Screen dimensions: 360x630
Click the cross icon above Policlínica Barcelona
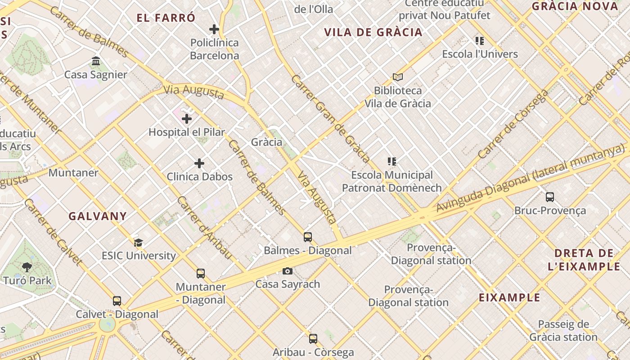[214, 30]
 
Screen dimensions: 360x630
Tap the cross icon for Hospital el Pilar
[187, 119]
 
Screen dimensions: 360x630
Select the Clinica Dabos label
[199, 177]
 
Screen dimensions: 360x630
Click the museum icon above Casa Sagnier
[96, 61]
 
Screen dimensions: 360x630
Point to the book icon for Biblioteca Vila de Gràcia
[397, 77]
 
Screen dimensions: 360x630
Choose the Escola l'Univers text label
[480, 54]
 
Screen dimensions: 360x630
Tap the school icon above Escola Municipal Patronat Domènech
[391, 161]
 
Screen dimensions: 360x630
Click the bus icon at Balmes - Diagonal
[308, 237]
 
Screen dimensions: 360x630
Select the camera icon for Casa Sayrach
[288, 271]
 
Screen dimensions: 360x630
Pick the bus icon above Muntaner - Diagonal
[201, 273]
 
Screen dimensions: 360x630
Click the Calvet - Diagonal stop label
[117, 315]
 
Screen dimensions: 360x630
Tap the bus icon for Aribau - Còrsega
[313, 338]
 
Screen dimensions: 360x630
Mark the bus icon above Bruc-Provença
[550, 197]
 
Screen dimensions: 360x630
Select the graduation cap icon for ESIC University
[139, 243]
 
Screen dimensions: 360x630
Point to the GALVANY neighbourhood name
[98, 216]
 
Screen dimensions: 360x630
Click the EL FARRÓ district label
[166, 18]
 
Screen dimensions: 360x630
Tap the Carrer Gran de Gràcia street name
[330, 118]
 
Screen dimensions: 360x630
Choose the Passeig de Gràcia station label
[563, 330]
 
